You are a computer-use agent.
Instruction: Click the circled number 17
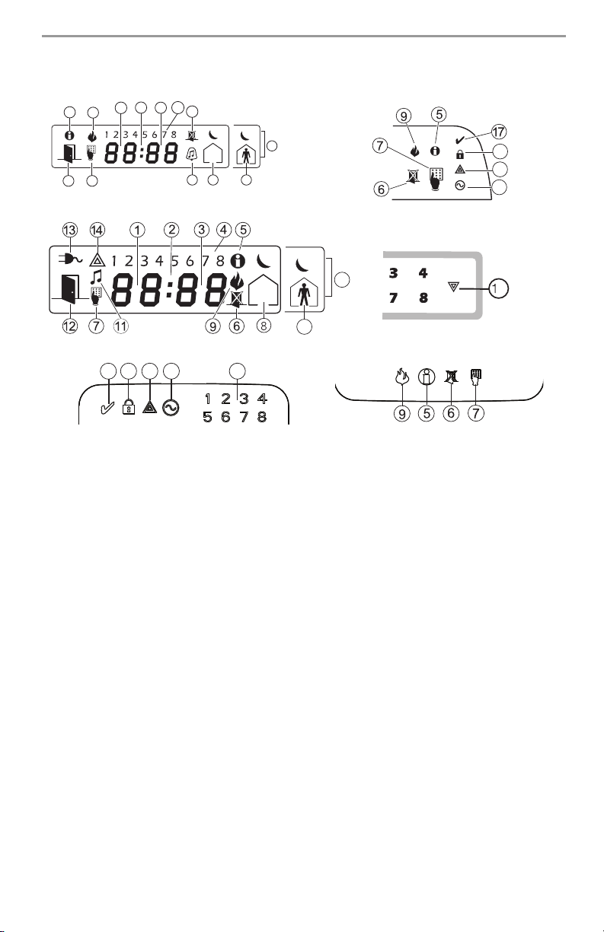(500, 129)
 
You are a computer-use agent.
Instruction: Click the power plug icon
(70, 259)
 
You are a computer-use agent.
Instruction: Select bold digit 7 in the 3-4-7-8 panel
(393, 298)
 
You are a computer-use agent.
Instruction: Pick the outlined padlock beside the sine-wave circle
(128, 407)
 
